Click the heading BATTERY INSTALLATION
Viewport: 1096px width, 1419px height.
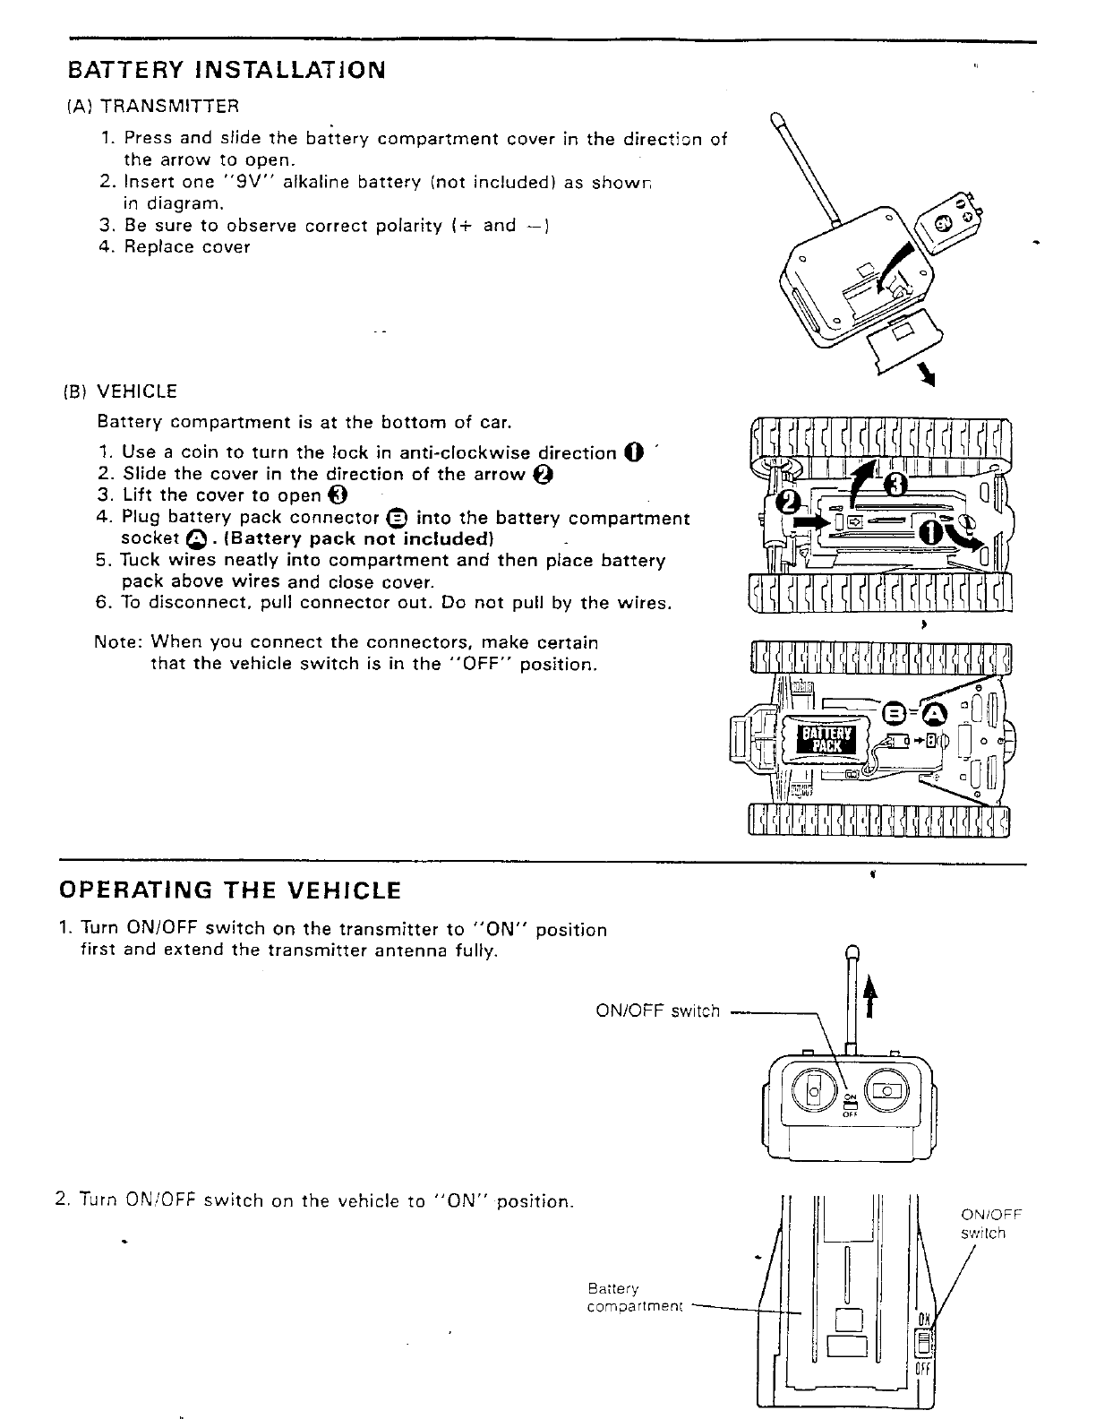point(227,70)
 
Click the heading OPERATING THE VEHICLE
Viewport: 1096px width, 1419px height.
point(229,890)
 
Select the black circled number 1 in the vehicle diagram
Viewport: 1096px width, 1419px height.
point(931,533)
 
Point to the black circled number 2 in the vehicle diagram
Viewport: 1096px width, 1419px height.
point(789,503)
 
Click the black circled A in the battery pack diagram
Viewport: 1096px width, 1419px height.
point(934,713)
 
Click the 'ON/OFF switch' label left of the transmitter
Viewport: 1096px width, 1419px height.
point(657,1011)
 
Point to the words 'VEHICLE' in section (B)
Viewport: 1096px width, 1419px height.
point(137,391)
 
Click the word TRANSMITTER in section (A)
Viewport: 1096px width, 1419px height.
point(169,107)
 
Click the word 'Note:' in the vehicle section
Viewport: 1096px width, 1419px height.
point(118,642)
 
